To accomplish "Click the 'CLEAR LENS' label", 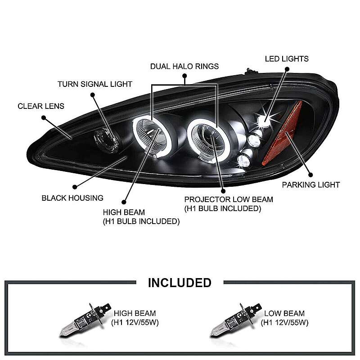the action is [41, 106].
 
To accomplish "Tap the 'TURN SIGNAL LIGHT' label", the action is [95, 84].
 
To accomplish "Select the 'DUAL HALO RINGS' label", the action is [184, 66].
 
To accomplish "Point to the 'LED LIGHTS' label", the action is [287, 59].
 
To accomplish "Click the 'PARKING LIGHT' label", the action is [311, 184].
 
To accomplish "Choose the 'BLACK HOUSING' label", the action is [72, 198].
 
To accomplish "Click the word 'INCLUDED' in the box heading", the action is [180, 283].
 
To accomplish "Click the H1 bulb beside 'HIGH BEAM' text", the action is [85, 319].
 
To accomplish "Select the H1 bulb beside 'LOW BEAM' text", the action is [235, 319].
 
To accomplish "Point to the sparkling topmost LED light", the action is [265, 121].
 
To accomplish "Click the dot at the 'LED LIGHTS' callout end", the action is [287, 69].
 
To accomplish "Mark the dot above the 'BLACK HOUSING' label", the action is [75, 187].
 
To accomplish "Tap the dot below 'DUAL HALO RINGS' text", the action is [184, 76].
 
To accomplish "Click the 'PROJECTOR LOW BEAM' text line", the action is [229, 199].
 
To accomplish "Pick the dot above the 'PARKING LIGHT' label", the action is [310, 175].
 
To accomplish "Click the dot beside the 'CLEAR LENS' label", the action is [44, 118].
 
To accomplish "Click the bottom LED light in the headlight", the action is [243, 161].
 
